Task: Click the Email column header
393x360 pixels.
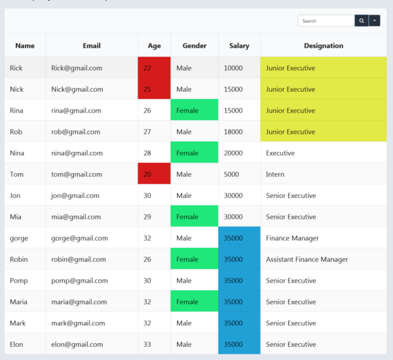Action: tap(92, 46)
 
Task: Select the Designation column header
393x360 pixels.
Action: tap(324, 46)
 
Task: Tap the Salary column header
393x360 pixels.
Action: tap(239, 46)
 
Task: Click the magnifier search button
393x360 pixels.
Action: tap(362, 21)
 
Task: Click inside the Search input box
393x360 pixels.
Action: tap(326, 21)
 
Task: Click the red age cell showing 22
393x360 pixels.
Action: tap(154, 68)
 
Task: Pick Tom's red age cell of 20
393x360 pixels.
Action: tap(154, 174)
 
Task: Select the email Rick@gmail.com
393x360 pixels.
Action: tap(77, 68)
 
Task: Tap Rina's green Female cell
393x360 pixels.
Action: tap(194, 111)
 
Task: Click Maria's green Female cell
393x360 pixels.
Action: tap(194, 302)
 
